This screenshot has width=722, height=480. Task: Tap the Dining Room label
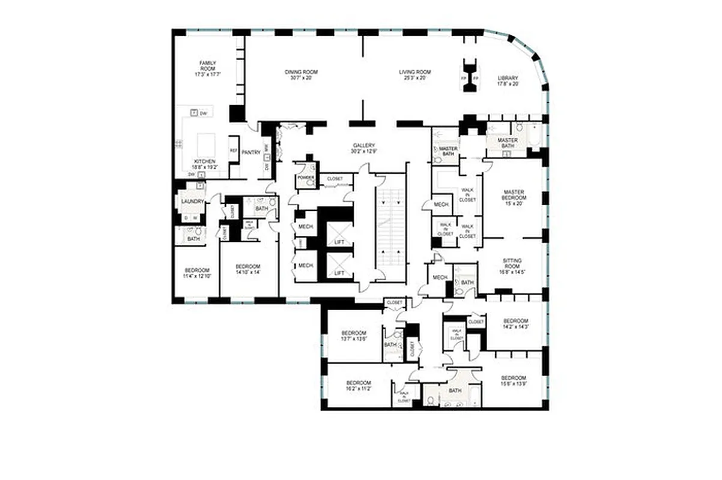(301, 75)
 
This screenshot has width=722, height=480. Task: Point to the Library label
(508, 81)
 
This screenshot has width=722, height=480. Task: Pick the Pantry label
(251, 152)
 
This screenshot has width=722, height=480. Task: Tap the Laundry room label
(193, 202)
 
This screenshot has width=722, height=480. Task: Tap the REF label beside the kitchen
(233, 152)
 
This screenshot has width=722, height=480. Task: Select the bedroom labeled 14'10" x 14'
(247, 269)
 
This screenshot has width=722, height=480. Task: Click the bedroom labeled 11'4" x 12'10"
(196, 273)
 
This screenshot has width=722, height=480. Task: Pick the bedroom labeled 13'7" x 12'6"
(354, 336)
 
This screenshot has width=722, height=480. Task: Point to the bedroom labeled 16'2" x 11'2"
(358, 386)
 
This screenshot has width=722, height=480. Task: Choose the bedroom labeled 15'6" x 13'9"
(514, 381)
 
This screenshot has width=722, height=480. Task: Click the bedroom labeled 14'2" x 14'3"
(515, 323)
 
